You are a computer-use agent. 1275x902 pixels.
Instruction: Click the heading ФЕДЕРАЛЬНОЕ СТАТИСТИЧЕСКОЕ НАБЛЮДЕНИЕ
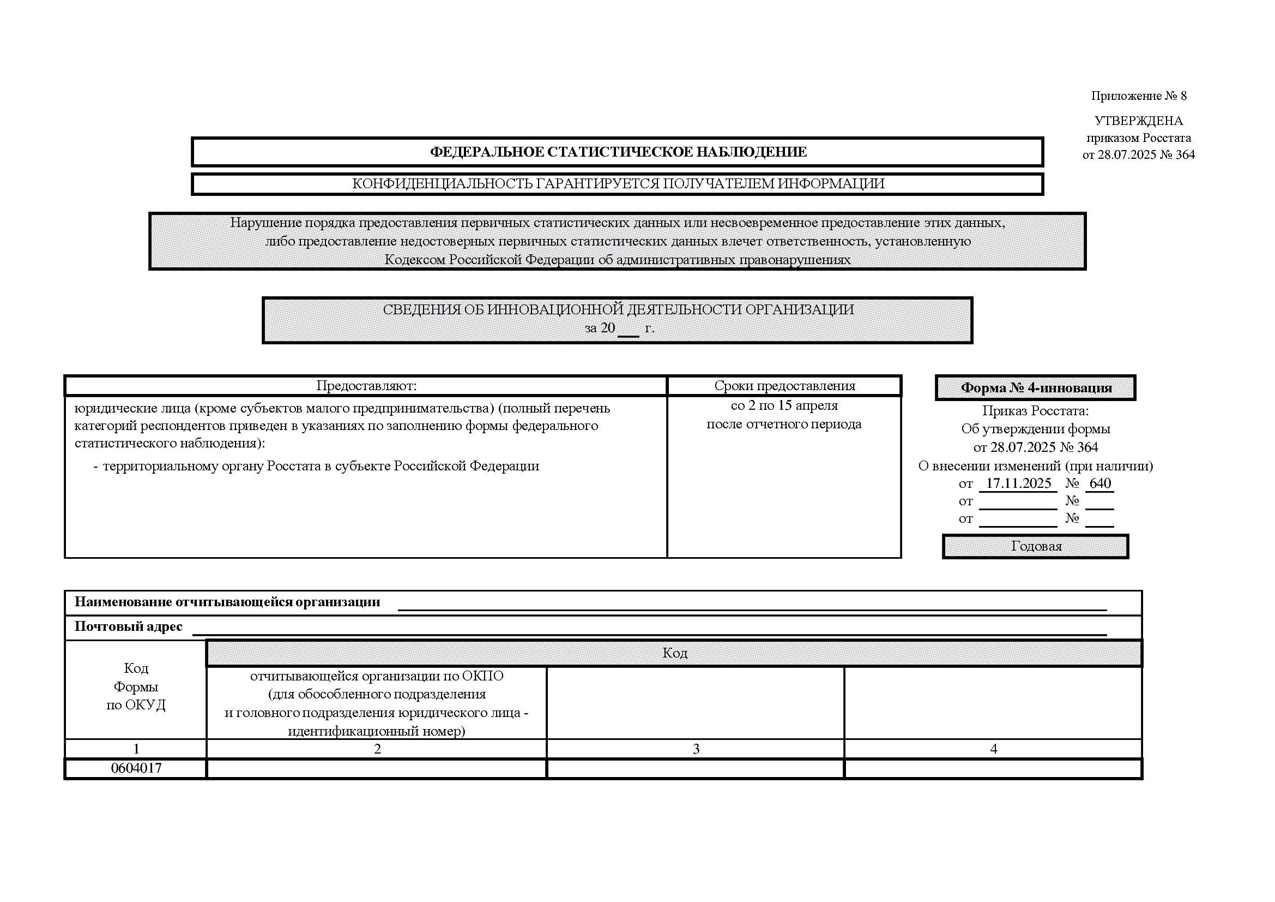tap(618, 152)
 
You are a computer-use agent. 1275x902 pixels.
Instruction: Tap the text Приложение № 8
tap(1138, 95)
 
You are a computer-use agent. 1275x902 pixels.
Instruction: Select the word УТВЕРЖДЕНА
tap(1138, 121)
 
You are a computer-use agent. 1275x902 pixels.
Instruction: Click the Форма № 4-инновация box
tap(1036, 388)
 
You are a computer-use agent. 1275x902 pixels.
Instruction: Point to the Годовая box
tap(1036, 546)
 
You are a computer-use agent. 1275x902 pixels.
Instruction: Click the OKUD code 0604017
tap(136, 769)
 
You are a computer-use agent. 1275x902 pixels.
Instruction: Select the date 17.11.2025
tap(1018, 483)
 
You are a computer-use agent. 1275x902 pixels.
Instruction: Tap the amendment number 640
tap(1099, 483)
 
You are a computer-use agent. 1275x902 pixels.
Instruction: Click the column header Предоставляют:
tap(366, 386)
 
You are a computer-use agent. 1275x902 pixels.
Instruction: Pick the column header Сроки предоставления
tap(784, 386)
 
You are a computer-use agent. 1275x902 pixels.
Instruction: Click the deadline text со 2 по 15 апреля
tap(784, 405)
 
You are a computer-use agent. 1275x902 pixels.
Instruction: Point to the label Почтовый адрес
tap(128, 627)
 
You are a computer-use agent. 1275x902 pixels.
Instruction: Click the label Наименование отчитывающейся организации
tap(227, 602)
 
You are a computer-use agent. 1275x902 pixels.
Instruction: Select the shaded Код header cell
tap(674, 653)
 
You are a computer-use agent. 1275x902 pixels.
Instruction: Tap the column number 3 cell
tap(695, 749)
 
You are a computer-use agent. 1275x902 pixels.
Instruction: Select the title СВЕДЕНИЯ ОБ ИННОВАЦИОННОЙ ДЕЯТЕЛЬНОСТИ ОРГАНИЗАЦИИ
tap(618, 309)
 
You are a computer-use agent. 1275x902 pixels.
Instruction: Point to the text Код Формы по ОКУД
tap(136, 687)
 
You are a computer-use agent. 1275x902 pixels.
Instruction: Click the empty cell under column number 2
tap(377, 769)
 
